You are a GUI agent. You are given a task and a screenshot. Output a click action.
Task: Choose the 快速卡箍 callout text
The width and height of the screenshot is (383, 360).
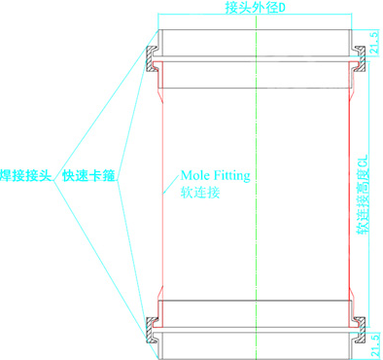[x=88, y=176]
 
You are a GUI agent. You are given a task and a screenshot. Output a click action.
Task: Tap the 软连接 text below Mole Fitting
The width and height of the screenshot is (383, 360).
[x=200, y=192]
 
